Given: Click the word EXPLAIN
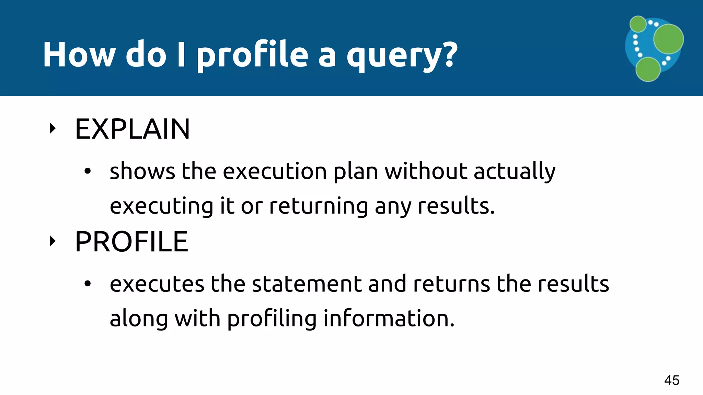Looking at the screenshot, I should point(132,129).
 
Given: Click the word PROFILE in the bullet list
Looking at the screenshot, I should point(131,242).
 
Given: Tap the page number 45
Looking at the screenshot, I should point(672,380).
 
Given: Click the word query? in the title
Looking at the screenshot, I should point(402,55).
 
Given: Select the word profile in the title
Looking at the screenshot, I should point(253,55).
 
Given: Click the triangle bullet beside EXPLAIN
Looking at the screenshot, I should point(53,129).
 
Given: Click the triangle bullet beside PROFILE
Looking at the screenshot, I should point(53,241).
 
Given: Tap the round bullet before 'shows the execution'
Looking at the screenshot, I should point(88,171).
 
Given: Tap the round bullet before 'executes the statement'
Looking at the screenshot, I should point(88,284).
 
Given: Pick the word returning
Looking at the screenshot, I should point(318,206).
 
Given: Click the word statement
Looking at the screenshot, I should point(307,284).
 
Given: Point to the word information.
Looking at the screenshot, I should point(389,319).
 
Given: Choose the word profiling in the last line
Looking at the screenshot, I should point(272,319).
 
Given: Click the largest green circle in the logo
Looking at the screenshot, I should point(668,39).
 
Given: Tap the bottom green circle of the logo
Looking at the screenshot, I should point(648,69).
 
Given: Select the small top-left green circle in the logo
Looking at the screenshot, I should point(638,24).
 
